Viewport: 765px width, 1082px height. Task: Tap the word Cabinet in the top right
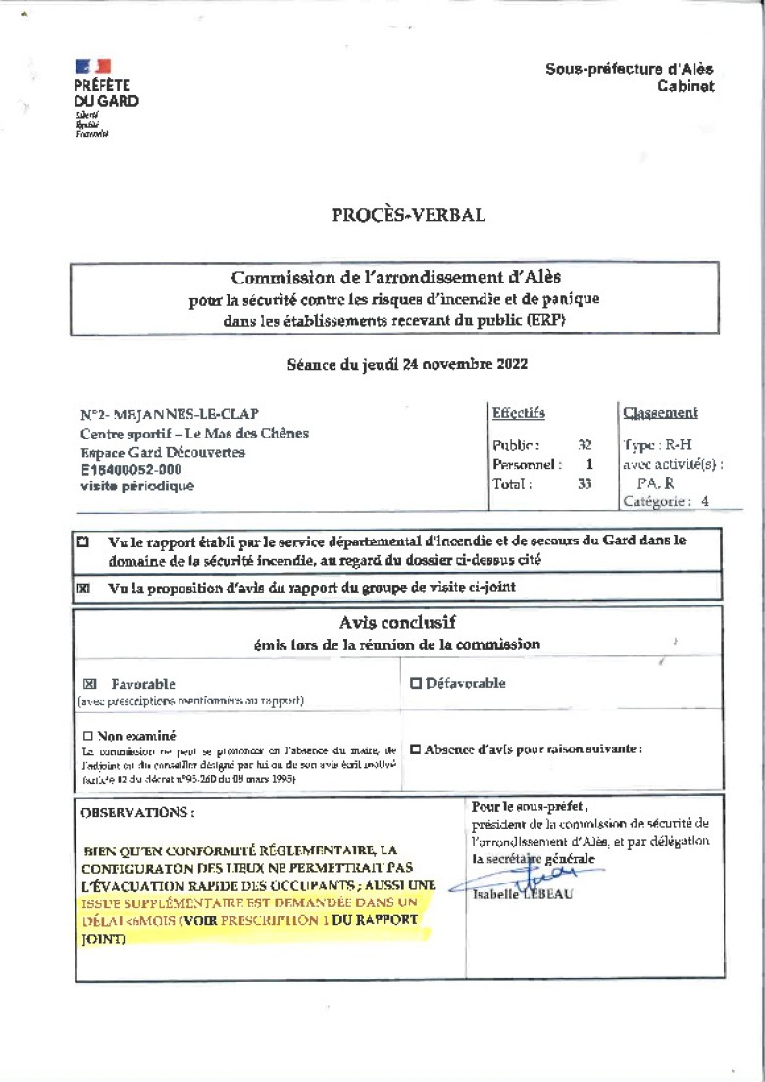(686, 86)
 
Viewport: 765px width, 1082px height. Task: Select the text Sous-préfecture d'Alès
(629, 69)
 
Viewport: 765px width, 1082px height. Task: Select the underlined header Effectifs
(518, 413)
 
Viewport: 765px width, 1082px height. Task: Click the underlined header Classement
(660, 413)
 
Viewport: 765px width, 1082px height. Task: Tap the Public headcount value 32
(585, 444)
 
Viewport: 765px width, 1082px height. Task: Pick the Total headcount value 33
(585, 483)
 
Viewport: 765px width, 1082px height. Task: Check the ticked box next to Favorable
(90, 684)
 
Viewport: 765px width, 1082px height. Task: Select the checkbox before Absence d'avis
(415, 749)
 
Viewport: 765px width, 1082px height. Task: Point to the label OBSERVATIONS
(137, 813)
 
